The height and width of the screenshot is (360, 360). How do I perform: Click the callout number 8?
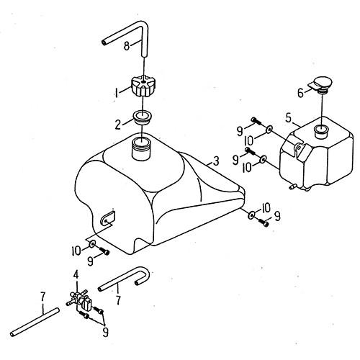[x=127, y=45]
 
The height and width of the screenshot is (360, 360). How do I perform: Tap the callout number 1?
[x=117, y=93]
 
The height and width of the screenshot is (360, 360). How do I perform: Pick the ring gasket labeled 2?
[x=143, y=118]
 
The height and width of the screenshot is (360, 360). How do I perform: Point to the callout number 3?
[x=216, y=161]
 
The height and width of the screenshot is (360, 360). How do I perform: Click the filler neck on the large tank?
[x=142, y=149]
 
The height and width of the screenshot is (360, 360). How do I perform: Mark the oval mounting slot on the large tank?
[x=107, y=218]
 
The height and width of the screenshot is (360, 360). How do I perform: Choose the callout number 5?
[x=289, y=118]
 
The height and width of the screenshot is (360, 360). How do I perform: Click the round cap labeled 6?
[x=323, y=84]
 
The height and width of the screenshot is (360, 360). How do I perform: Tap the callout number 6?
[x=301, y=93]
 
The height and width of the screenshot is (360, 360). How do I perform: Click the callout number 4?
[x=76, y=275]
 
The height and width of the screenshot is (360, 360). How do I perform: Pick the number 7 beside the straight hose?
[x=42, y=297]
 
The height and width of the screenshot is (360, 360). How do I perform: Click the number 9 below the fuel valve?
[x=105, y=332]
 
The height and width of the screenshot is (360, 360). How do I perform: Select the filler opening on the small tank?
[x=320, y=131]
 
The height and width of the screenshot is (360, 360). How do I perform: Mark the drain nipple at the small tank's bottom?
[x=293, y=186]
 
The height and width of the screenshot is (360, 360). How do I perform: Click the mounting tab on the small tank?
[x=300, y=150]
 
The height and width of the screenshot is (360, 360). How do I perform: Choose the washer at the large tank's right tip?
[x=251, y=215]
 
